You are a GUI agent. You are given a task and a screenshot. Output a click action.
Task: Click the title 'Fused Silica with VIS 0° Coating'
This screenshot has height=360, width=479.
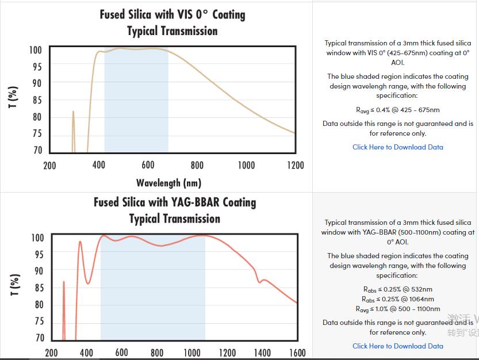click(x=173, y=14)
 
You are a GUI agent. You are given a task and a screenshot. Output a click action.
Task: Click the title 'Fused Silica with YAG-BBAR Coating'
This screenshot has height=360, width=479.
click(x=175, y=202)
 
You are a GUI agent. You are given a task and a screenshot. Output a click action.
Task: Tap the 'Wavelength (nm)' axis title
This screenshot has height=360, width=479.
click(x=168, y=183)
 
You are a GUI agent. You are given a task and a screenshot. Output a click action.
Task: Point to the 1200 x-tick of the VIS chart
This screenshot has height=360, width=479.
click(x=295, y=166)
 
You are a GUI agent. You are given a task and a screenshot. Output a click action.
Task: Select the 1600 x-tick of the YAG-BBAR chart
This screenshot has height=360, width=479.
click(x=297, y=353)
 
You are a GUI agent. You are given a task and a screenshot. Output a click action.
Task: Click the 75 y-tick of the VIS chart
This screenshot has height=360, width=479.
click(x=36, y=133)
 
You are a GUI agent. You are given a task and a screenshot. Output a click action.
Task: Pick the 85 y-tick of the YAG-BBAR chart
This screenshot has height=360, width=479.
click(x=38, y=288)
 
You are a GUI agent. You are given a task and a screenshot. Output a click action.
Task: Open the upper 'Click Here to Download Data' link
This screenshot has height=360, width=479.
click(x=398, y=147)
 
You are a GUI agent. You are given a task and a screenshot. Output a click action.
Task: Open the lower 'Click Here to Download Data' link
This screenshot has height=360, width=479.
click(x=398, y=346)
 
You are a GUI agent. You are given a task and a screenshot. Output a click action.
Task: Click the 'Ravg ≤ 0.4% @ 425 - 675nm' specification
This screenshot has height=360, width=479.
click(x=398, y=110)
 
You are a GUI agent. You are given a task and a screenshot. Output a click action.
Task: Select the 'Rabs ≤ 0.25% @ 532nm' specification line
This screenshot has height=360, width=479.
click(x=398, y=289)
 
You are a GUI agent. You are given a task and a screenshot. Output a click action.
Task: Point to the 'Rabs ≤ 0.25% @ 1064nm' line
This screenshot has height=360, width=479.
click(x=398, y=299)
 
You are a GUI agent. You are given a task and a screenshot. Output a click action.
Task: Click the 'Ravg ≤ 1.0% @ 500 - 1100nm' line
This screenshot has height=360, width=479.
click(x=398, y=309)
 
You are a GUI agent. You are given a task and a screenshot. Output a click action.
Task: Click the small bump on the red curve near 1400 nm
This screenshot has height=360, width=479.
click(x=263, y=280)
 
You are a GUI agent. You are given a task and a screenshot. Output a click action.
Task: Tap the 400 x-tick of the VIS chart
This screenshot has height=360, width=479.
click(x=99, y=166)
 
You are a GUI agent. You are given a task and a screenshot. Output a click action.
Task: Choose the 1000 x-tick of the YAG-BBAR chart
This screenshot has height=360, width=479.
click(x=192, y=353)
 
